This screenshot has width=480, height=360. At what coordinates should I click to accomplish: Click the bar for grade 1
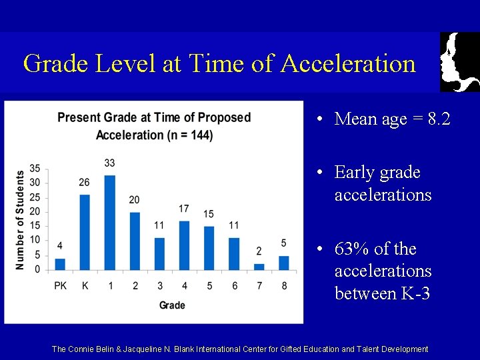[110, 223]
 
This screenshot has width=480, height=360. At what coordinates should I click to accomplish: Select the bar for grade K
[85, 233]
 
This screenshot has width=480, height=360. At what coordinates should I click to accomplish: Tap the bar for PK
[60, 265]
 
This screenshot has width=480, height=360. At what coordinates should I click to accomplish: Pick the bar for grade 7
[259, 267]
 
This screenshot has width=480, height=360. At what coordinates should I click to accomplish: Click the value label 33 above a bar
[110, 163]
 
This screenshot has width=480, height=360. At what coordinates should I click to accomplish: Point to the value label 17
[184, 209]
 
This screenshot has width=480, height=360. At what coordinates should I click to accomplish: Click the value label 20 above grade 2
[135, 200]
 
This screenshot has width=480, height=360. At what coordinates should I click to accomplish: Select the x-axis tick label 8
[284, 286]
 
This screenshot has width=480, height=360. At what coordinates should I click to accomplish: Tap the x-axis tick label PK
[60, 286]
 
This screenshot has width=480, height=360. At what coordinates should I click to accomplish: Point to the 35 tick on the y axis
[35, 168]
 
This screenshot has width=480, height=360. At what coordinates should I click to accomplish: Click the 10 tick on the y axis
[35, 241]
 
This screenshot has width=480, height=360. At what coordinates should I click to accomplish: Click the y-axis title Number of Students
[20, 220]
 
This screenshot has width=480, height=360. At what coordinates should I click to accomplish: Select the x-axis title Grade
[172, 305]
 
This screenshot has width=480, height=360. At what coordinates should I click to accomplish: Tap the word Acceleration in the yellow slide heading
[348, 64]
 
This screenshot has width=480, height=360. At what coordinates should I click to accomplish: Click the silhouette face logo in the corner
[459, 61]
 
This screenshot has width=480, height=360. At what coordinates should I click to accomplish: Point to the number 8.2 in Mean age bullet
[439, 119]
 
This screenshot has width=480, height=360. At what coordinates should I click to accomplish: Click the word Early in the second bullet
[355, 173]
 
